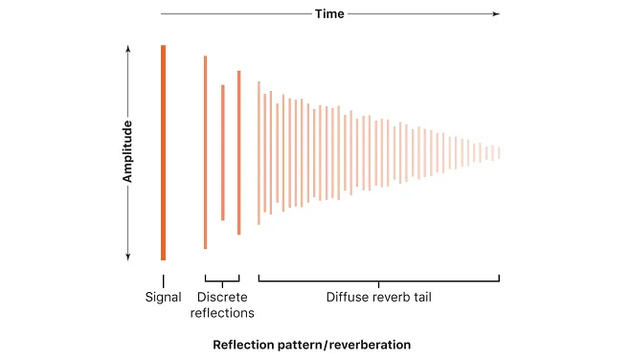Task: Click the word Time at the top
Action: [329, 14]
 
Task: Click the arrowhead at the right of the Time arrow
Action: [495, 14]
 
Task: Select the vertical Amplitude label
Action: [127, 151]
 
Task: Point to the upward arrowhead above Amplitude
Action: [127, 49]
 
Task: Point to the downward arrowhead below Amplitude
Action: [127, 256]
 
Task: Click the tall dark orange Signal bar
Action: [164, 152]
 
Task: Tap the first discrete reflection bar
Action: [205, 152]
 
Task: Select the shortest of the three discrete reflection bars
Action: [222, 152]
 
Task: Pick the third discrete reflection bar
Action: [238, 152]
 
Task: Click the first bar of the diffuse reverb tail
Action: [259, 152]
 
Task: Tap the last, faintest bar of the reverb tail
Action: [499, 152]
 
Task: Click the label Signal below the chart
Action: [164, 298]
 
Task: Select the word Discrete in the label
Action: [222, 298]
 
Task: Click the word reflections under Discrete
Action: [222, 313]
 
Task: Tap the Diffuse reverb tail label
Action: [378, 298]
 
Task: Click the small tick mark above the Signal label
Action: [164, 280]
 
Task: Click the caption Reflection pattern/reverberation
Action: [311, 344]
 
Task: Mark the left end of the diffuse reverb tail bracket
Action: [259, 280]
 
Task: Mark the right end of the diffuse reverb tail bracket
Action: [499, 280]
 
